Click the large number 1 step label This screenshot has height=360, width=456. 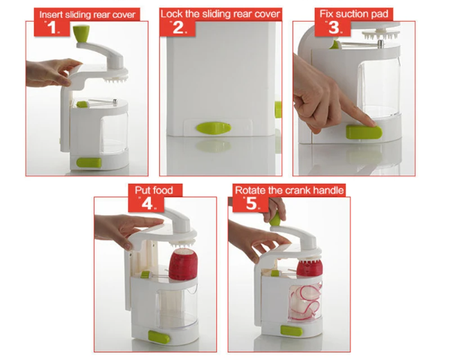52,28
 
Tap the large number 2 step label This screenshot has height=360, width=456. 178,28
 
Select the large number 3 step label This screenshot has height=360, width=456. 334,28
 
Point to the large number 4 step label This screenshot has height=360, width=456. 147,203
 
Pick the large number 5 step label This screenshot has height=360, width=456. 251,203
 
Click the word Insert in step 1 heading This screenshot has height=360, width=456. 50,14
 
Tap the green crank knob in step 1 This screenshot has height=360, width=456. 81,34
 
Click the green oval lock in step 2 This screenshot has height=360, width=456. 213,128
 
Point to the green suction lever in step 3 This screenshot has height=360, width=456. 364,132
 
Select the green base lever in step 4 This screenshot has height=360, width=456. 159,337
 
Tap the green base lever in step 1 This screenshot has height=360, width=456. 89,163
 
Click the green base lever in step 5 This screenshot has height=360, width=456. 291,331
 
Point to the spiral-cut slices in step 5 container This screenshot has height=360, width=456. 304,301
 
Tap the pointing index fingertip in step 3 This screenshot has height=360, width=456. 373,121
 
